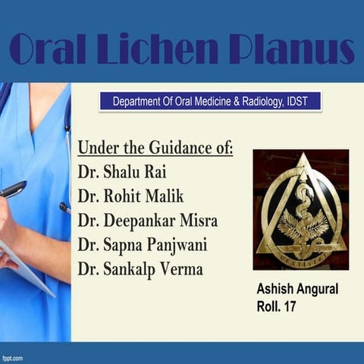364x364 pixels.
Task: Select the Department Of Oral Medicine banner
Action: tap(210, 101)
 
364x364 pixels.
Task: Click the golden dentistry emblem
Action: tap(301, 209)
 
